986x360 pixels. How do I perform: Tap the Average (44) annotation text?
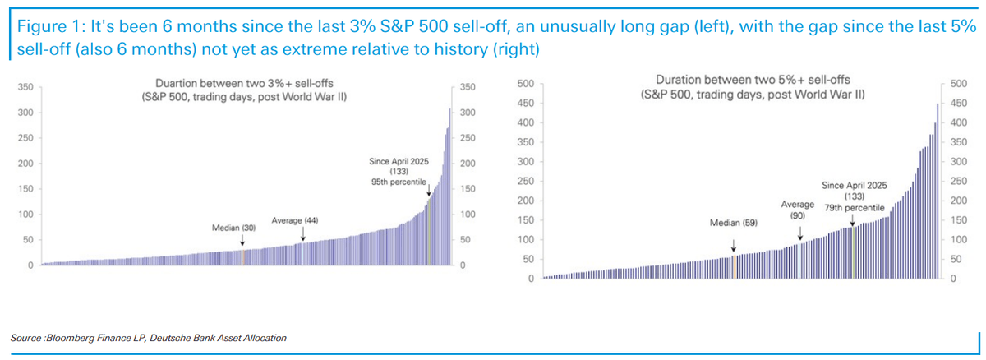[x=295, y=221]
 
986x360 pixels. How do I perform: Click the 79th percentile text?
[x=854, y=209]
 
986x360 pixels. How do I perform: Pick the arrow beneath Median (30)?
[x=242, y=240]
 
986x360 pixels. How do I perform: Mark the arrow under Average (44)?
[x=303, y=235]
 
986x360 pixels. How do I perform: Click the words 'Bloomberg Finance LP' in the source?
[x=90, y=339]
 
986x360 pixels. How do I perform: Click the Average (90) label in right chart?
[x=798, y=209]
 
